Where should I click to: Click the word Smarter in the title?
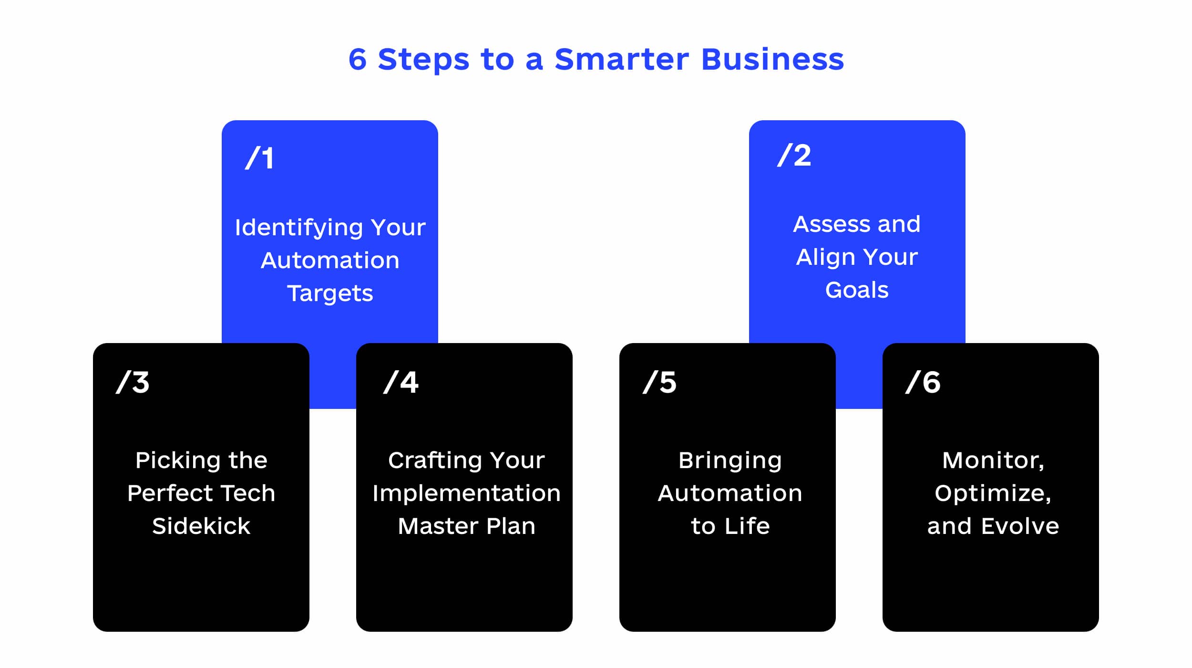(x=622, y=59)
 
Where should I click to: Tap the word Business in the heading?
(x=772, y=59)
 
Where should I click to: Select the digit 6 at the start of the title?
(x=358, y=60)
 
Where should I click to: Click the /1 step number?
(x=260, y=158)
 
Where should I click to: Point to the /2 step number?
(x=794, y=155)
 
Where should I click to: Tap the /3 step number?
(x=133, y=382)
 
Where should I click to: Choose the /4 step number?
(x=401, y=382)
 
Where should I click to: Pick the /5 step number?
(x=659, y=382)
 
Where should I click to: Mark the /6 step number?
(x=923, y=382)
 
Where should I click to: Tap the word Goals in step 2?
(x=857, y=290)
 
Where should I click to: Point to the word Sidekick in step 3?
(x=201, y=526)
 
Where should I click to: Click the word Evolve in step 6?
(x=1020, y=526)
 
